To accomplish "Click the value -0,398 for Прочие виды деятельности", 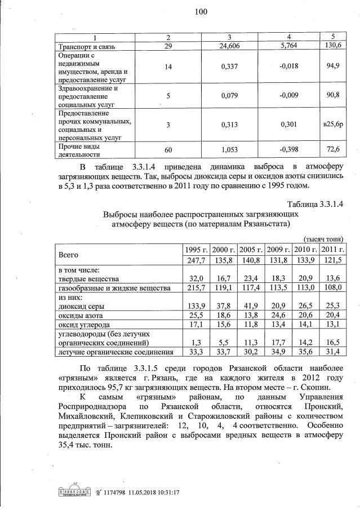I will point(287,149).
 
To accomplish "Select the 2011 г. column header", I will point(333,249).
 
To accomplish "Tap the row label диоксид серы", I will point(82,305).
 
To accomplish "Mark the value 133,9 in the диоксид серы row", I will point(193,305).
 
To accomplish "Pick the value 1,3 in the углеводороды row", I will point(197,342).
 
